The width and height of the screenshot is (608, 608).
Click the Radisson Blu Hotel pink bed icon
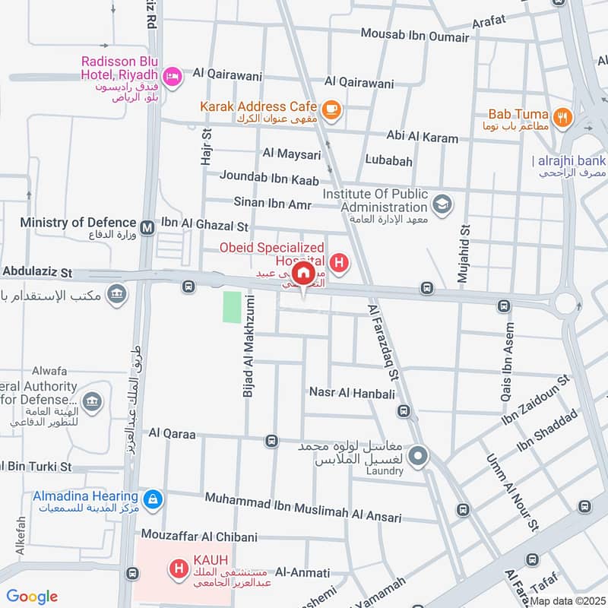point(173,75)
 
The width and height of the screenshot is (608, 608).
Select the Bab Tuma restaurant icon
point(562,117)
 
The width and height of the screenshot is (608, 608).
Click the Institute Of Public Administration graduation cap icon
point(441,204)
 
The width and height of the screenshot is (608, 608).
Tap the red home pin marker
point(304,274)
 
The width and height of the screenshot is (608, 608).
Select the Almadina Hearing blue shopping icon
point(153,499)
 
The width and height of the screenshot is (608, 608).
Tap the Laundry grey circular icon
point(417,457)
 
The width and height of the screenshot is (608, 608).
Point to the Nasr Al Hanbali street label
point(352,392)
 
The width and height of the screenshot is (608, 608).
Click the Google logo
point(32,596)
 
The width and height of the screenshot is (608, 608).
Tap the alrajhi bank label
point(570,160)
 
